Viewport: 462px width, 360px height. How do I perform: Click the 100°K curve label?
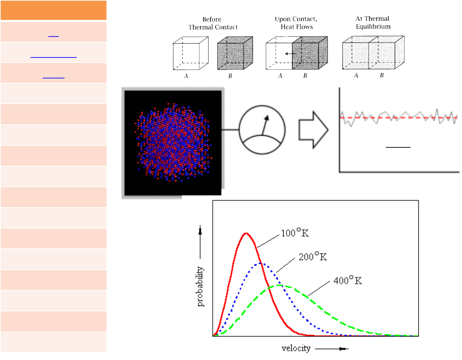click(295, 233)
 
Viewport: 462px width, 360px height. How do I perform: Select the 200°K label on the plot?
click(313, 257)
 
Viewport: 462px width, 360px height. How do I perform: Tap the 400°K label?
click(347, 280)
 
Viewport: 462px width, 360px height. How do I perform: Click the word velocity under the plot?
click(296, 348)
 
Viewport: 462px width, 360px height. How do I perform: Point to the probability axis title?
click(200, 286)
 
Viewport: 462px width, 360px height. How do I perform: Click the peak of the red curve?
click(246, 233)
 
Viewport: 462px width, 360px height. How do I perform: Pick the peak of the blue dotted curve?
click(260, 263)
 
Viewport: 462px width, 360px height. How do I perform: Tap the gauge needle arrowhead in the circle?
click(267, 118)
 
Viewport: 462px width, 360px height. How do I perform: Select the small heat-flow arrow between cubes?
click(288, 53)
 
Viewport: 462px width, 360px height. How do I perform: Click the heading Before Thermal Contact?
click(213, 23)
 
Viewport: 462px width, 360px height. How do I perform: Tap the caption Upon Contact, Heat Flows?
click(296, 23)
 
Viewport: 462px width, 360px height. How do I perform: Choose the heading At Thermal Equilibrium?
click(373, 22)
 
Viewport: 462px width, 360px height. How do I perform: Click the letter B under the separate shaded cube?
click(230, 76)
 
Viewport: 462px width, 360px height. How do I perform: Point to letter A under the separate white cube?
click(186, 76)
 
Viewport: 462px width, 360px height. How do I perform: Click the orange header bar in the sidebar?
click(53, 10)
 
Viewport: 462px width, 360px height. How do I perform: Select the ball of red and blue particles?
click(173, 142)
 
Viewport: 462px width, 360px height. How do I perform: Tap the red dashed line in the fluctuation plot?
click(399, 118)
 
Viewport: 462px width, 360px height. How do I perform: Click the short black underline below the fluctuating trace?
click(398, 147)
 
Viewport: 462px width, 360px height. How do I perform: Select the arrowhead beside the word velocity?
click(344, 349)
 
